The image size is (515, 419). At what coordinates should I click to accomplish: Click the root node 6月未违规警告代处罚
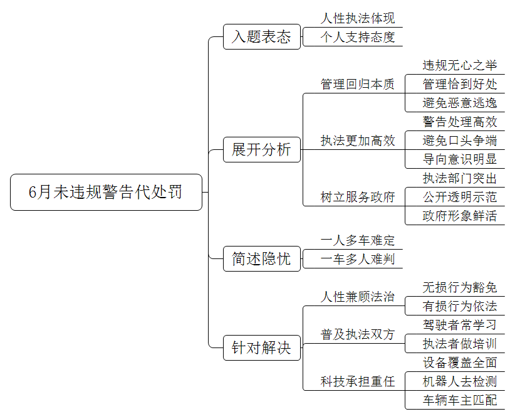coord(106,192)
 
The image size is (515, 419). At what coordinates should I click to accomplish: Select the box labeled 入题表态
coord(262,36)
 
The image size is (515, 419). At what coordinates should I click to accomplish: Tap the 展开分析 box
coord(262,150)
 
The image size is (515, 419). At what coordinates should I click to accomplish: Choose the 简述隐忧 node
coord(262,259)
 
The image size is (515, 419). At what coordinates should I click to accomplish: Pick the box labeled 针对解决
coord(262,347)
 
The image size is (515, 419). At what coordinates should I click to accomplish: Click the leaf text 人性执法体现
coord(358,18)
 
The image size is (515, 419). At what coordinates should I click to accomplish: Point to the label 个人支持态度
coord(358,37)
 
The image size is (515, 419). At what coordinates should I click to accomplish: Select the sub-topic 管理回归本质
coord(358,84)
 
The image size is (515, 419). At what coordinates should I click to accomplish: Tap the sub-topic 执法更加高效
coord(358,141)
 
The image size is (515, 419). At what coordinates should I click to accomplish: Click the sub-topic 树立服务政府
coord(358,198)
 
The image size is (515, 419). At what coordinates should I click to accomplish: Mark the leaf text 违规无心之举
coord(460,65)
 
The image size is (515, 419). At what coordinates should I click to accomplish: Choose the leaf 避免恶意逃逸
coord(460,103)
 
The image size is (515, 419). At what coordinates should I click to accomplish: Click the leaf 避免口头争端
coord(460,141)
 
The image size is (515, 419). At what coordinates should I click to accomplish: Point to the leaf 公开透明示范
coord(460,198)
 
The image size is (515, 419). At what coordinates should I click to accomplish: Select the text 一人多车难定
coord(358,240)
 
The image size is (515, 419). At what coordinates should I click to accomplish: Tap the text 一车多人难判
coord(358,259)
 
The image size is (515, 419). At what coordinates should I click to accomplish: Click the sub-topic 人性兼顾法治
coord(358,297)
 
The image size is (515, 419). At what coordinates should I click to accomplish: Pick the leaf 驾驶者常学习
coord(460,325)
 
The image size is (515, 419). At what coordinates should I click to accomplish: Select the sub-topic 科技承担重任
coord(358,381)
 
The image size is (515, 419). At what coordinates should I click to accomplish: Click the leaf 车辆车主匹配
coord(460,400)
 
